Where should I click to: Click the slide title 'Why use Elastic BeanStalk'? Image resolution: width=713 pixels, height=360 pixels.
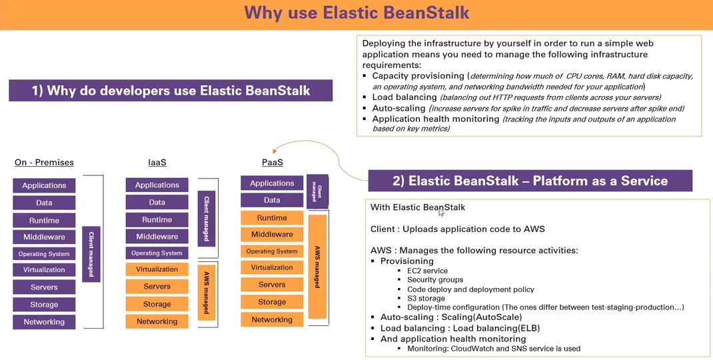[356, 13]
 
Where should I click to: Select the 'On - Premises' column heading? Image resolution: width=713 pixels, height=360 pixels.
[44, 162]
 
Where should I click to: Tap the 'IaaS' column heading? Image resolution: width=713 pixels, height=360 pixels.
[157, 162]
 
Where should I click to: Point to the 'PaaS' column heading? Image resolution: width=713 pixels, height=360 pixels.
[272, 162]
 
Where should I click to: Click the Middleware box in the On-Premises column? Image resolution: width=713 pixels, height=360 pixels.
[44, 237]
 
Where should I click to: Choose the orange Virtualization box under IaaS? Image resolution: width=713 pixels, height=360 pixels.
[157, 269]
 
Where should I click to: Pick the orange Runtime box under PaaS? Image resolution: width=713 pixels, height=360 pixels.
[272, 217]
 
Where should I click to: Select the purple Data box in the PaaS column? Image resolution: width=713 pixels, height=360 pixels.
[272, 200]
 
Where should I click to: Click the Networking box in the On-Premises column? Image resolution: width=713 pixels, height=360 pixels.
[44, 322]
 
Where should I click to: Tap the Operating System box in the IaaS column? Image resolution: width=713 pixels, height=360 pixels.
[157, 253]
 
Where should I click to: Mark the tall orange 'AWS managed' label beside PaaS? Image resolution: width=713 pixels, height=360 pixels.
[317, 267]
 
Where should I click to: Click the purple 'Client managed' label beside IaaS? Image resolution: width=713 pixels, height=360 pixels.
[207, 218]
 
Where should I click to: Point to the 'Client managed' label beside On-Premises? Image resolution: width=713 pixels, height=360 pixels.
[91, 254]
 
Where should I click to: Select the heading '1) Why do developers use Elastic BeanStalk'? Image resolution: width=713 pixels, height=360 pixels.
[171, 91]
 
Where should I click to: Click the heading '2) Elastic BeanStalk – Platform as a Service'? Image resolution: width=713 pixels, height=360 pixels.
[530, 181]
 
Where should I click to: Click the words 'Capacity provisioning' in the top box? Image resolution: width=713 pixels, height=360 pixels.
[418, 76]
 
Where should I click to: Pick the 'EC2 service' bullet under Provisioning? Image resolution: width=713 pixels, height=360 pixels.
[427, 271]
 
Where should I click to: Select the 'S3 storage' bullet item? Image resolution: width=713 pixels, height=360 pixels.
[426, 299]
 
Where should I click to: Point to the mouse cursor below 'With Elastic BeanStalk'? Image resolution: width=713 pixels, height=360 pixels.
[440, 212]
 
